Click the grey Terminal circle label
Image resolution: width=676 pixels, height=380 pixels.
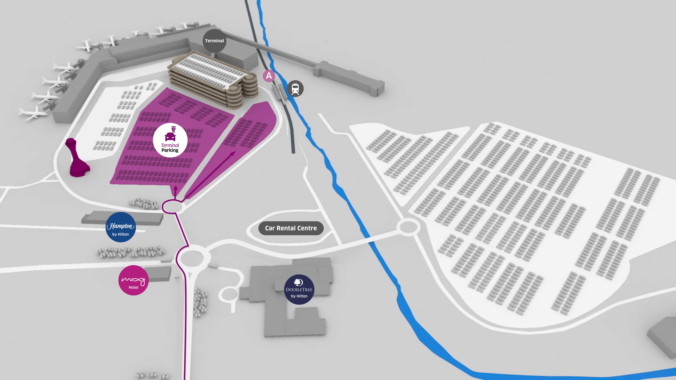(214, 41)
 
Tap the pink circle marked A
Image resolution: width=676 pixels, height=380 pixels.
(269, 76)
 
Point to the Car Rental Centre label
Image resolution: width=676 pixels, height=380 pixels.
(291, 228)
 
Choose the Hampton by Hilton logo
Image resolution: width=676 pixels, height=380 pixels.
(120, 227)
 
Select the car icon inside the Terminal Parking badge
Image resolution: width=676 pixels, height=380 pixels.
(170, 136)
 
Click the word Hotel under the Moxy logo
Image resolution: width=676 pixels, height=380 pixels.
(133, 287)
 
